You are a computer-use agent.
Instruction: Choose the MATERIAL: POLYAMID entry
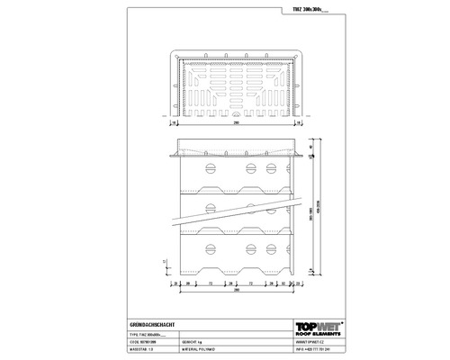(x=203, y=349)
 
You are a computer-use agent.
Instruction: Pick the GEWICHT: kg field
(x=194, y=341)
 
